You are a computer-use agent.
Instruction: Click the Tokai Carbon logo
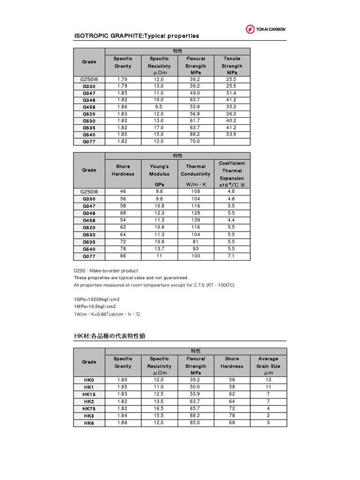[265, 29]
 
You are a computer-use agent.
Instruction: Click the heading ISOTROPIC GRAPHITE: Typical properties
[137, 36]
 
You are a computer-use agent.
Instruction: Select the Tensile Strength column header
[232, 66]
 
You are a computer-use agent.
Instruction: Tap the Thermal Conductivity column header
[195, 170]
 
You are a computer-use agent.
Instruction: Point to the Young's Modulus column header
[159, 170]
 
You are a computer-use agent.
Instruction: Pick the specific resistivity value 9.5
[159, 107]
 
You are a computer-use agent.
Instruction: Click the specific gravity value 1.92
[122, 100]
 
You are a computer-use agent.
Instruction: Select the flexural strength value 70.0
[195, 141]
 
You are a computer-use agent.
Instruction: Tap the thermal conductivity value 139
[195, 220]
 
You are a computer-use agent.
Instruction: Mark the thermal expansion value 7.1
[232, 256]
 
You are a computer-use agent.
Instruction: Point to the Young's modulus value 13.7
[159, 249]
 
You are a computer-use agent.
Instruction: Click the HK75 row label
[89, 408]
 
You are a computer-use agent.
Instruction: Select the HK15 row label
[89, 394]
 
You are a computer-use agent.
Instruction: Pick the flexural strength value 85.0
[195, 423]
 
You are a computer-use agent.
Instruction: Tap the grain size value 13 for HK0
[268, 380]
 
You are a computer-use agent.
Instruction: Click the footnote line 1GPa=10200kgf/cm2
[97, 299]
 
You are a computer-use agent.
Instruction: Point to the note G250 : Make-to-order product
[106, 270]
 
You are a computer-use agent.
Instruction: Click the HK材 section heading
[112, 336]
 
